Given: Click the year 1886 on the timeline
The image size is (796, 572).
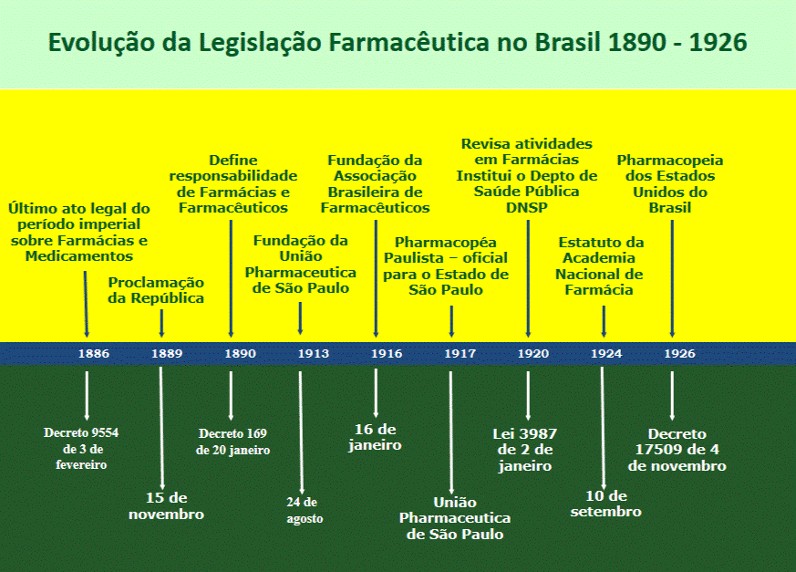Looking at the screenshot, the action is click(94, 354).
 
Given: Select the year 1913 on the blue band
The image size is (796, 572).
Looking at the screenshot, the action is click(314, 354).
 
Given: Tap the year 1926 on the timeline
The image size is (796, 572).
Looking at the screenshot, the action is click(680, 354).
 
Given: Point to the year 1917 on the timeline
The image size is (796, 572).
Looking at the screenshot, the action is click(460, 354).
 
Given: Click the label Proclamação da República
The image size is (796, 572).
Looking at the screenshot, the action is click(156, 290).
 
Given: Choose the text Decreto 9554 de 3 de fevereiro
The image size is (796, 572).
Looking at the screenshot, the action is click(81, 449).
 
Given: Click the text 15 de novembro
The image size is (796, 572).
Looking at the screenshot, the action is click(167, 506).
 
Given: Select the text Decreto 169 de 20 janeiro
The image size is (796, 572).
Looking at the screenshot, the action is click(233, 442).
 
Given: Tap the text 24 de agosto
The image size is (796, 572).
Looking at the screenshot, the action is click(304, 510).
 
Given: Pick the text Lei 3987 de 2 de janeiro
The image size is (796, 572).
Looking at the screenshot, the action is click(525, 450).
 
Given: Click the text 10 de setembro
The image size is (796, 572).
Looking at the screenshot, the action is click(606, 504).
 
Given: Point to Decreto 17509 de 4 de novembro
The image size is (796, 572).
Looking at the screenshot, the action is click(677, 450).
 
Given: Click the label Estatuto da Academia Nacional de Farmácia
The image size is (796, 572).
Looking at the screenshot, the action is click(600, 266).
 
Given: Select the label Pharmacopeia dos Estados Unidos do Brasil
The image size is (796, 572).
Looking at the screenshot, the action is click(670, 184).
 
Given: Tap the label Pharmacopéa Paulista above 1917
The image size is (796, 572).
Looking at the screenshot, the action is click(446, 266).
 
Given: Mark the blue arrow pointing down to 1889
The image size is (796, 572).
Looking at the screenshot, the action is click(161, 324).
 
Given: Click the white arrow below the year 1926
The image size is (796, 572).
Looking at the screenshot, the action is click(672, 396).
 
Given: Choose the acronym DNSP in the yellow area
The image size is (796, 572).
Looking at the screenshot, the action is click(527, 208).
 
